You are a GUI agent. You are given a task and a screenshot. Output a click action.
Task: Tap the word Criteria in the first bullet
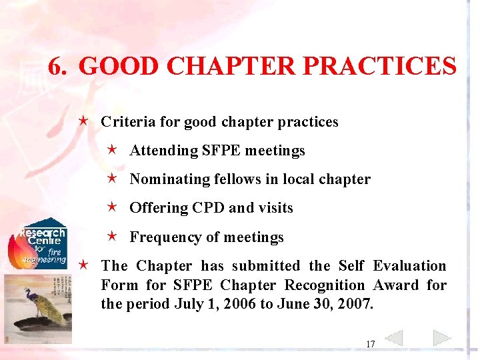pos(125,122)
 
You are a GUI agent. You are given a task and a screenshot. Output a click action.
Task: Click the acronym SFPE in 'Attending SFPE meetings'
pos(221,151)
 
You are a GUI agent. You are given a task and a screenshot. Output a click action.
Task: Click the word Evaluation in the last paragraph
pos(409,266)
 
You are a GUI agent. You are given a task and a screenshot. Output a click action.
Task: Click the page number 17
pos(370,344)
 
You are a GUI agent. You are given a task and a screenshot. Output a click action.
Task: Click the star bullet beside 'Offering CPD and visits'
pos(113,207)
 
